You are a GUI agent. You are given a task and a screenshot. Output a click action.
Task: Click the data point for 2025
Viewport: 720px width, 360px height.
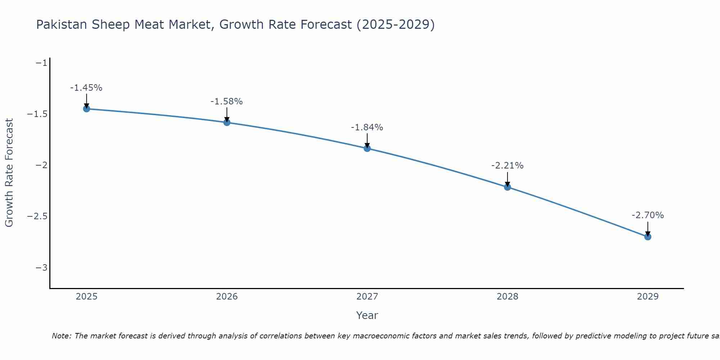(86, 109)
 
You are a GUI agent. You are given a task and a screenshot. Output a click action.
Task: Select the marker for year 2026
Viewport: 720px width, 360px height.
(227, 122)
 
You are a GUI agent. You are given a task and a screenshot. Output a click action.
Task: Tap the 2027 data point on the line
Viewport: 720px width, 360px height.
(367, 148)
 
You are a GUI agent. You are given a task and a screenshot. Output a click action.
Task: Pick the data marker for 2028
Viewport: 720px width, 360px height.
(508, 187)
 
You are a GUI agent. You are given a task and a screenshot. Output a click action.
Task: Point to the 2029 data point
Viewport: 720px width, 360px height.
(648, 237)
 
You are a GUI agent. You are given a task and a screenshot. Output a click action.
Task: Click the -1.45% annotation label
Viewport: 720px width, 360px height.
(86, 88)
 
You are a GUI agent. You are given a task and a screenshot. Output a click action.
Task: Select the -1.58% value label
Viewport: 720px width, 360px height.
(226, 102)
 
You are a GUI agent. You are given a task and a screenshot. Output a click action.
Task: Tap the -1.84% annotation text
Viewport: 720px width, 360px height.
(367, 127)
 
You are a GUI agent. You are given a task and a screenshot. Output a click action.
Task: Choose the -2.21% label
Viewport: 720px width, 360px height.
(507, 166)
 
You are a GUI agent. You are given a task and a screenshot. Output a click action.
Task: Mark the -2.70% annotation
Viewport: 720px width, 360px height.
(648, 215)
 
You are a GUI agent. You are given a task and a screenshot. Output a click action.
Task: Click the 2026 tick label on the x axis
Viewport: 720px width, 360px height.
(227, 297)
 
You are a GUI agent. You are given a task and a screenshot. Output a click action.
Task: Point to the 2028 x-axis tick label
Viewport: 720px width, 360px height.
(508, 297)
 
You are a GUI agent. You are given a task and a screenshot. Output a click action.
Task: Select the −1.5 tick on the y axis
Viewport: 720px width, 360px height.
(37, 114)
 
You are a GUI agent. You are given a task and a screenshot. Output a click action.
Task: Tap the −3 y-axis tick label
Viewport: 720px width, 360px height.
(41, 267)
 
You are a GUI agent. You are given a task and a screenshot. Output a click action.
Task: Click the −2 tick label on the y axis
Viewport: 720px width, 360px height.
(41, 165)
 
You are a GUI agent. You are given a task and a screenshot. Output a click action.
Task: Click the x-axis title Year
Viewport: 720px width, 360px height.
(367, 315)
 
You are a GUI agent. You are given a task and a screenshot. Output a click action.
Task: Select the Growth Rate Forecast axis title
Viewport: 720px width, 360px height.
(9, 173)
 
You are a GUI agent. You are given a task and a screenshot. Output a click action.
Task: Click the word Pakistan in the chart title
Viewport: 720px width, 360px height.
(62, 24)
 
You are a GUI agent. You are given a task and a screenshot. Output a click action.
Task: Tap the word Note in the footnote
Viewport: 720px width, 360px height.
(61, 336)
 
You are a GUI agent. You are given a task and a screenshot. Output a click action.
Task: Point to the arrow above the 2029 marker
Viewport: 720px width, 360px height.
(648, 228)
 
